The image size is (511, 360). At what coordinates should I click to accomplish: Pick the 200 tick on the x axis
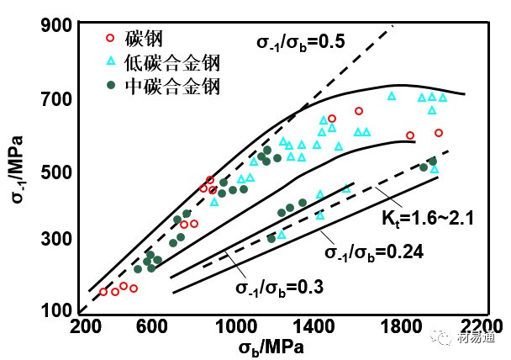[x=84, y=327]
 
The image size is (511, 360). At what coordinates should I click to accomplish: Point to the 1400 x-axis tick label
[x=318, y=327]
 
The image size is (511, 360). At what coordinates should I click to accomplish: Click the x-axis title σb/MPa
[x=271, y=347]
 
